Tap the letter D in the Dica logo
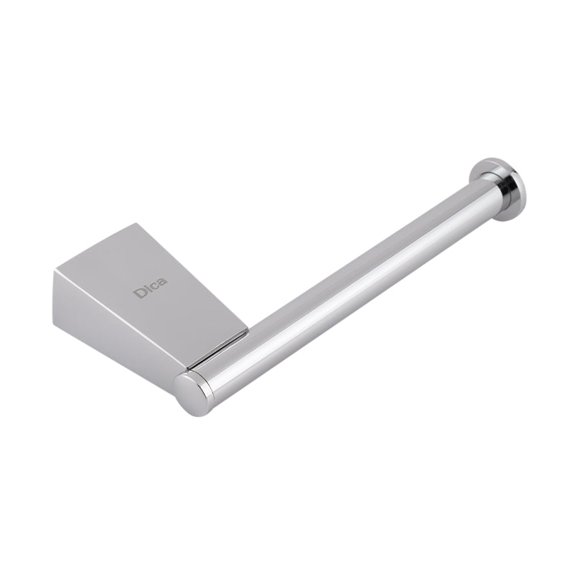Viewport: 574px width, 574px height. [x=138, y=293]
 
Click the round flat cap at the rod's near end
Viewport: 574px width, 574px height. [x=190, y=393]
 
